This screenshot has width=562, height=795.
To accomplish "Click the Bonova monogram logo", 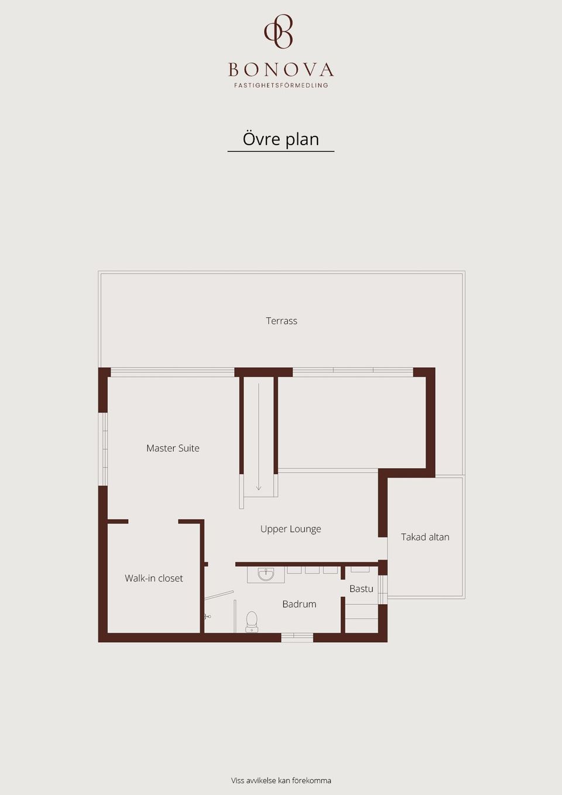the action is coord(279,31).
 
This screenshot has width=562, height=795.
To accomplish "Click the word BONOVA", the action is coord(281,70).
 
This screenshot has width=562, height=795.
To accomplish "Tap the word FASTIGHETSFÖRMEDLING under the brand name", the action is coord(281,85).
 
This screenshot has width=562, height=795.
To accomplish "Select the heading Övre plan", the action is coord(281,139).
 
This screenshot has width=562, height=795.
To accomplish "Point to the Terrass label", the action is coord(282,321).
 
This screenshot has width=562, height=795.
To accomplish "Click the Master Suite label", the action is coord(173,448).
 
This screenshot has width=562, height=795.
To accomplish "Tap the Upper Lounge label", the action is coord(290,529).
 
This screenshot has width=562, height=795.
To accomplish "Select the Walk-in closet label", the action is coord(153,578).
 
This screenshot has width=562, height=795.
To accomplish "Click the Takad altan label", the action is coord(425,537).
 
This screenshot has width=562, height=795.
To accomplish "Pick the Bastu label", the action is coord(361,589).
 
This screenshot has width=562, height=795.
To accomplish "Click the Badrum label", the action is coord(299,604).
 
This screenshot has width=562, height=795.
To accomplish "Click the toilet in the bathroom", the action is coord(252,622).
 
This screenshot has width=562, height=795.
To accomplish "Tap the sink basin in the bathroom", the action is coord(266,574).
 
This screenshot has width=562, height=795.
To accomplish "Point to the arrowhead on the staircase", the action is coord(259,488).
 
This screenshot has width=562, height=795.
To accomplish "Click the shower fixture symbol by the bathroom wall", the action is coord(208,617).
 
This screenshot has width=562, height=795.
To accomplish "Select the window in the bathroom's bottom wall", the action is coord(297,638).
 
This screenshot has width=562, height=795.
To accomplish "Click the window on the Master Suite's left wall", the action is coord(105,449).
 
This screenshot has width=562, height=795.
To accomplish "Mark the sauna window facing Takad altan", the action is coord(383,590).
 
